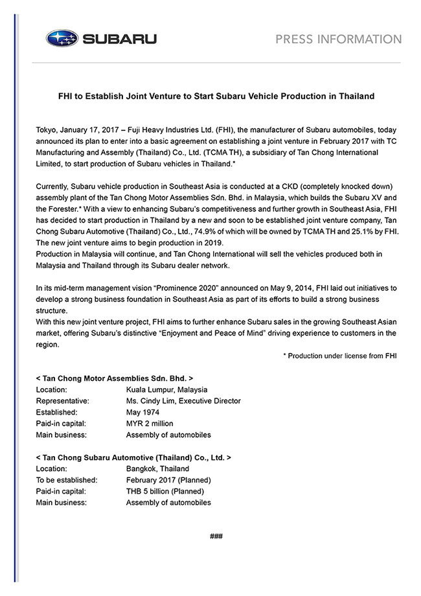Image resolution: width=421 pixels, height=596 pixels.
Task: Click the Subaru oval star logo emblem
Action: pos(62,39)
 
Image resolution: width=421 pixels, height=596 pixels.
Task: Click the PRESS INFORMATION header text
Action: pos(338,40)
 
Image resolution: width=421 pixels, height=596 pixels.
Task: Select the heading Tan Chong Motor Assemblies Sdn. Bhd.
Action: pos(115,377)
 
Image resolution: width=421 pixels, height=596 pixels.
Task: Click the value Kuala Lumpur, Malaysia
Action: pos(166,389)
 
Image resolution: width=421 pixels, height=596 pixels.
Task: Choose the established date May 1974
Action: pos(142,412)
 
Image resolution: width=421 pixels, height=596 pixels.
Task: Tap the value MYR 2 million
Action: pos(150,424)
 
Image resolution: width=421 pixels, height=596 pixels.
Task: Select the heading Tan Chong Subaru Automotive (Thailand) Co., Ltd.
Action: pos(133,457)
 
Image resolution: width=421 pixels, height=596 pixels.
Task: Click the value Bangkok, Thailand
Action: pos(157,468)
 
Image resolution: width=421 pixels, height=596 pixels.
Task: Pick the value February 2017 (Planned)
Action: pos(168,480)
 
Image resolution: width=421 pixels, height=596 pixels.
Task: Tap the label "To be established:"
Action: pos(67,480)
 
